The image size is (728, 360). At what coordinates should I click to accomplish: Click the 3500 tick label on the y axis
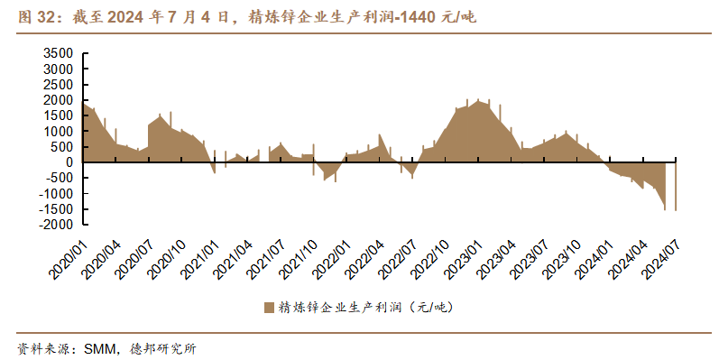point(59,53)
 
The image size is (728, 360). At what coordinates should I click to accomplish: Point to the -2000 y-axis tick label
point(56,225)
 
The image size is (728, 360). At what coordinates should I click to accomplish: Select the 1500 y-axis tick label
point(59,115)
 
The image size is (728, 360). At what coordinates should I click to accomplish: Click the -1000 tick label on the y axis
point(56,193)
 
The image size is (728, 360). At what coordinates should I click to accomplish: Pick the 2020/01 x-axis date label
point(69,261)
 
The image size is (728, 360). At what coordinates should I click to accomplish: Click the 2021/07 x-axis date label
point(265,261)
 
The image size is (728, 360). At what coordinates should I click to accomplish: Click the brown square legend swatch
point(269,308)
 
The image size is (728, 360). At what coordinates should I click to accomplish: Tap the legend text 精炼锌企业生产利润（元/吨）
point(365,308)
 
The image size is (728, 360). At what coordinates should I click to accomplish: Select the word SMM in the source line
point(97,348)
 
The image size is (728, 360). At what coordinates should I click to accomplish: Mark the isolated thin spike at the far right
point(676,184)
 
